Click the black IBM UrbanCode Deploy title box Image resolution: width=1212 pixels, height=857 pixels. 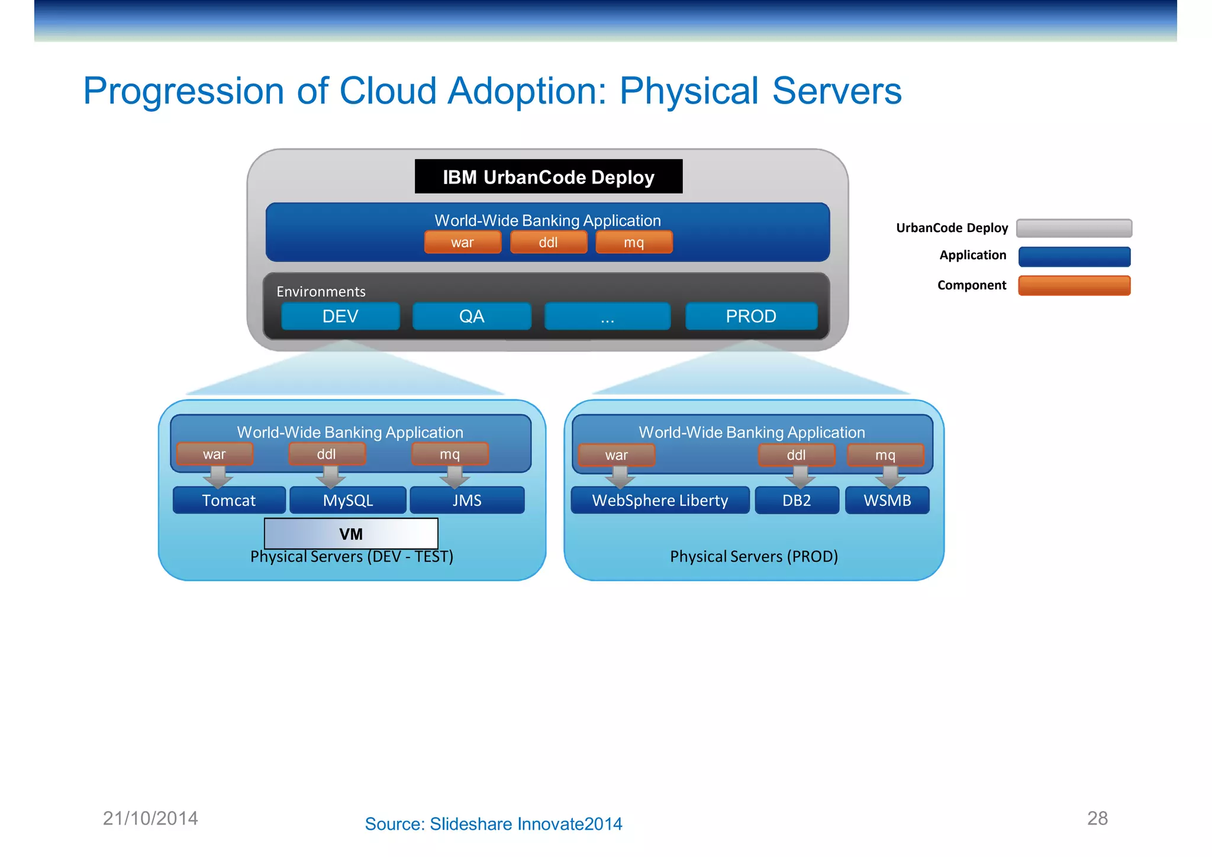pos(548,176)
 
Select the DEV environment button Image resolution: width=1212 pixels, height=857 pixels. pos(340,316)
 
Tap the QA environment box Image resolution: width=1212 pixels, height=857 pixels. pos(472,316)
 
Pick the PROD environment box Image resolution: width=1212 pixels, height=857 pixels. pos(751,316)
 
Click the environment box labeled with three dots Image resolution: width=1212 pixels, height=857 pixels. pos(607,316)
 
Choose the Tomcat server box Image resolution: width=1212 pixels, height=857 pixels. pos(229,500)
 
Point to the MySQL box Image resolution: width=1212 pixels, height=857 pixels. pos(348,500)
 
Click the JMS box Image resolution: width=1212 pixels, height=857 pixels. pos(467,500)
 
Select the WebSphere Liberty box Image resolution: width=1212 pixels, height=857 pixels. pos(660,500)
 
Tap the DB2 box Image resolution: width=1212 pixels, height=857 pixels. pos(797,500)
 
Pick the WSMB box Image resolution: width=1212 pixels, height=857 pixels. pos(887,500)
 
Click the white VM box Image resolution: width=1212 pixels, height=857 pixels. pos(351,533)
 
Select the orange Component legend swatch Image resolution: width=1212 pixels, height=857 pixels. pos(1074,285)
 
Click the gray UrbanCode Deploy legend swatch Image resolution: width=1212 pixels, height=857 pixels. pos(1074,228)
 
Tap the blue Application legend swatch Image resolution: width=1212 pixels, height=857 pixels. pos(1074,257)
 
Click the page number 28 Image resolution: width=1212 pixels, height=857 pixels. pos(1097,818)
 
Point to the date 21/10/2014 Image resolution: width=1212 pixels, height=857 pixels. pos(150,818)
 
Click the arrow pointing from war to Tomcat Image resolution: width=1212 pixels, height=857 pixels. pos(218,476)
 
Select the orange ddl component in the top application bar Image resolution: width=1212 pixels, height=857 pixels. pos(548,242)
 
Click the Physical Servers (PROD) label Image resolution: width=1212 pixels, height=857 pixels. pos(754,556)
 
